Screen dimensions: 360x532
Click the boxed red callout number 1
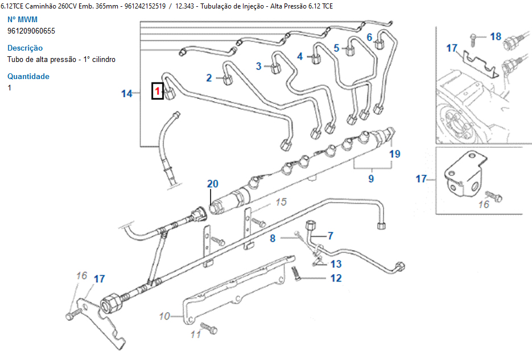coord(158,90)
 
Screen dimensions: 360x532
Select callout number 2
coord(209,78)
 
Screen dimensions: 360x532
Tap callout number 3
coord(258,66)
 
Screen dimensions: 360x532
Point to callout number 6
coord(369,38)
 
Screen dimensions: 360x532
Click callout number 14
coord(126,93)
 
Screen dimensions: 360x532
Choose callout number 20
coord(212,184)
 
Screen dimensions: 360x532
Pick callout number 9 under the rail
coord(371,178)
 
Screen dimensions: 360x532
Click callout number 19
coord(395,154)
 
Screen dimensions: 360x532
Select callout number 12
coord(336,278)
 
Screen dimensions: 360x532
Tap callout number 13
coord(336,264)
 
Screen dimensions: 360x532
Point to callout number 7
coord(330,235)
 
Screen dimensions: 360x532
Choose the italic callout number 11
coord(196,334)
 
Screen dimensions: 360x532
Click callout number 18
coord(495,36)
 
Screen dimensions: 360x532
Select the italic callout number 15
coord(281,202)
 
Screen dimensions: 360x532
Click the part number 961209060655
coord(31,31)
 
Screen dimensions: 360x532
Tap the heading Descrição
coord(25,48)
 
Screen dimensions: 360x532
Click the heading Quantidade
coord(28,76)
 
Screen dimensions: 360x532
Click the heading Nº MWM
coord(22,19)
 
